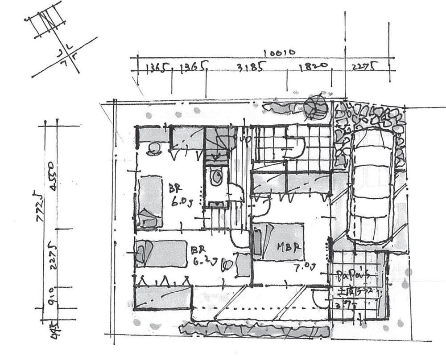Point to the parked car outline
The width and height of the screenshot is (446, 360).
point(372,187)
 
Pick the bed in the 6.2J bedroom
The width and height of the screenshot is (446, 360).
point(161,254)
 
